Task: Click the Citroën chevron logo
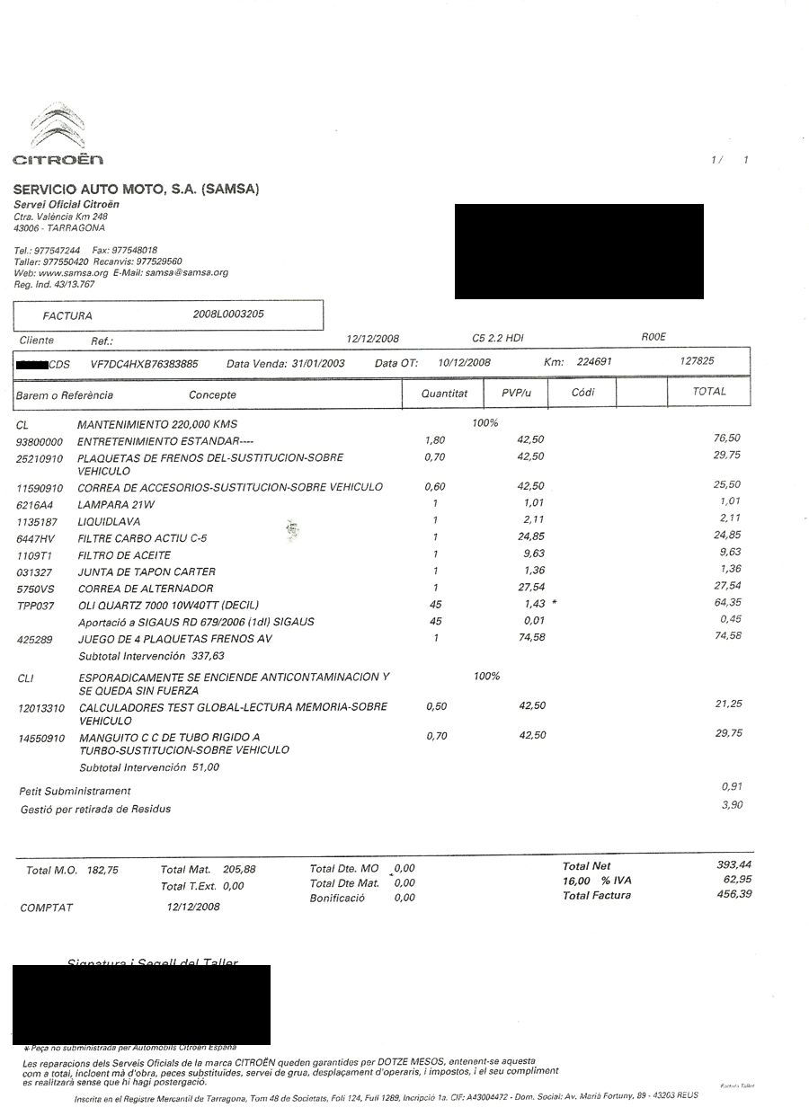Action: (x=58, y=128)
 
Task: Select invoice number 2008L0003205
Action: (x=228, y=314)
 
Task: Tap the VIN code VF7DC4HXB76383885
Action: (x=145, y=364)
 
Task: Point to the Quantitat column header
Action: (x=444, y=394)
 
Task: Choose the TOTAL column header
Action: (x=709, y=392)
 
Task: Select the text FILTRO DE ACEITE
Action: (x=124, y=555)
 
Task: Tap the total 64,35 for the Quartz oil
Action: (x=726, y=603)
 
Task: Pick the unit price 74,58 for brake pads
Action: (x=531, y=638)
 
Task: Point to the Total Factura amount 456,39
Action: (x=733, y=895)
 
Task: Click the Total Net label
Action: (x=586, y=866)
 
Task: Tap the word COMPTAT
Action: (x=46, y=908)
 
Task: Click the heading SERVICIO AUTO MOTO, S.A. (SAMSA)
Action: (x=136, y=189)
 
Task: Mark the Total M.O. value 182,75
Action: (x=102, y=870)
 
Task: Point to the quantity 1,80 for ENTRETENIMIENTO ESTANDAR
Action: (x=434, y=440)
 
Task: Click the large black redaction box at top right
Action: (x=578, y=252)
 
